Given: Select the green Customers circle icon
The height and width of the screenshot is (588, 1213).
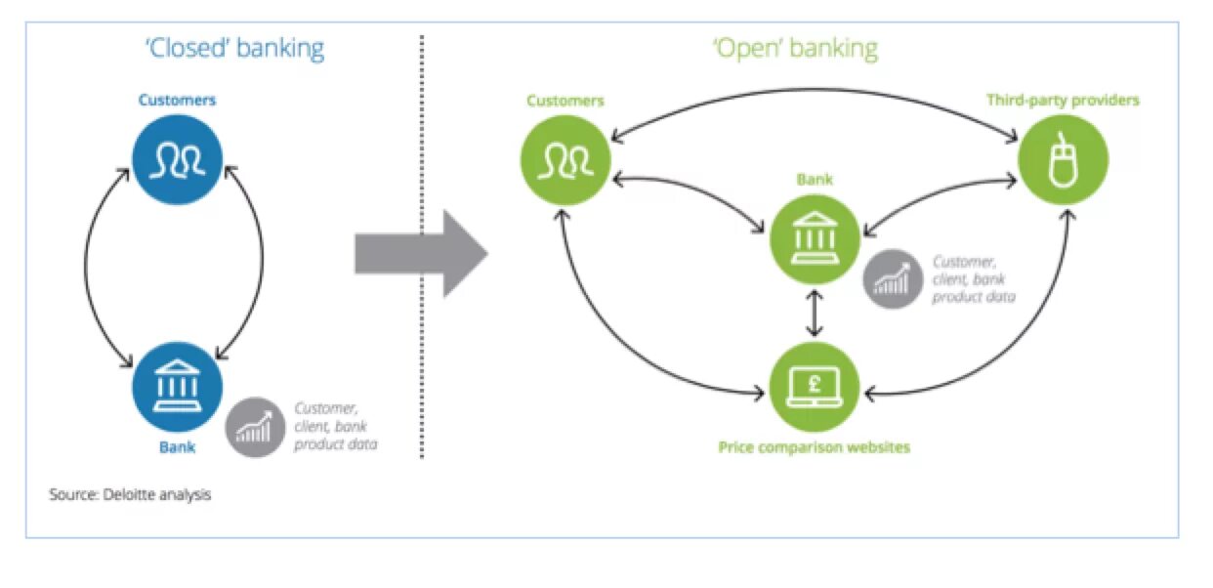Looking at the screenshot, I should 565,156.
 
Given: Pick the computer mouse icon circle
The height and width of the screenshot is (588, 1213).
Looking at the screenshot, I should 1063,156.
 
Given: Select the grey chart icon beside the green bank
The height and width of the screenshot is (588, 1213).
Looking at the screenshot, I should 893,278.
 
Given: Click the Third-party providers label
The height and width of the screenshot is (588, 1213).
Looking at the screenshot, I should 1063,100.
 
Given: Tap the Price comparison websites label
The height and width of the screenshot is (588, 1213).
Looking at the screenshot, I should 814,447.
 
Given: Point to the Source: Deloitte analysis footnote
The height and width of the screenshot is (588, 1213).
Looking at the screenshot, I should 130,494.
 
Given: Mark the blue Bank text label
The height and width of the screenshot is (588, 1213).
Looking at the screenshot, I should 177,448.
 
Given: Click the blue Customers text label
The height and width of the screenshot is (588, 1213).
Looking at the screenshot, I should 177,100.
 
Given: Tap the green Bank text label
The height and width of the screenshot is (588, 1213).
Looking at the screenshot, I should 816,180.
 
